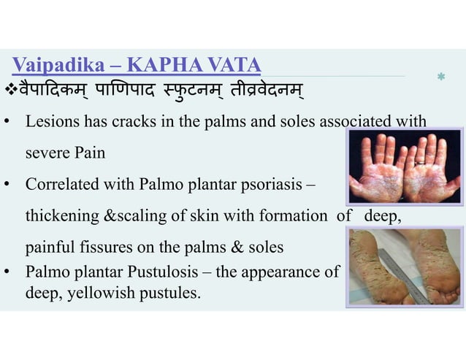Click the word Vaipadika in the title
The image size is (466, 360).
50,66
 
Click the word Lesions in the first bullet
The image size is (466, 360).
50,123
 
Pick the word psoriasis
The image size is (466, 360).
272,185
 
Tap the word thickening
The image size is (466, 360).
58,216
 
